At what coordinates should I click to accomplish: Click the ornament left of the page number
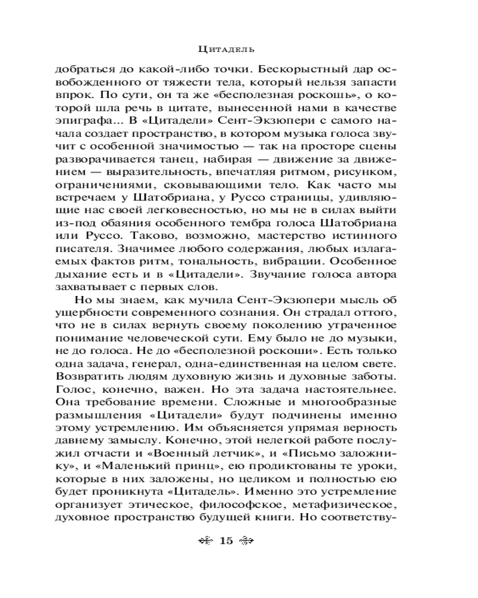click(x=205, y=541)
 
